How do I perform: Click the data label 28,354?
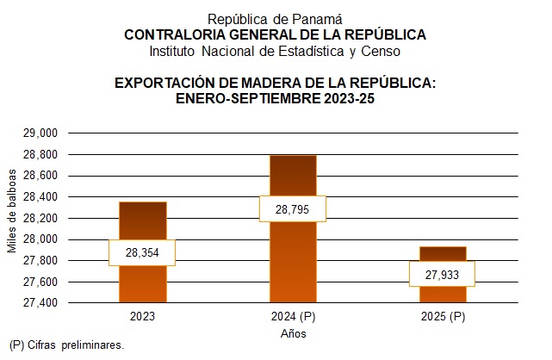point(142,252)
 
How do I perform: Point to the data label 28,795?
point(293,209)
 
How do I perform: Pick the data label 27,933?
point(443,274)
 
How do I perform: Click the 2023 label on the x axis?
point(142,317)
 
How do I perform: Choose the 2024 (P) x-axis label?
point(293,317)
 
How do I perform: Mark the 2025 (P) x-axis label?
point(443,317)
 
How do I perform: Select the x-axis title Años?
point(293,332)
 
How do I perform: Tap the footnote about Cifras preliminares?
point(67,345)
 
